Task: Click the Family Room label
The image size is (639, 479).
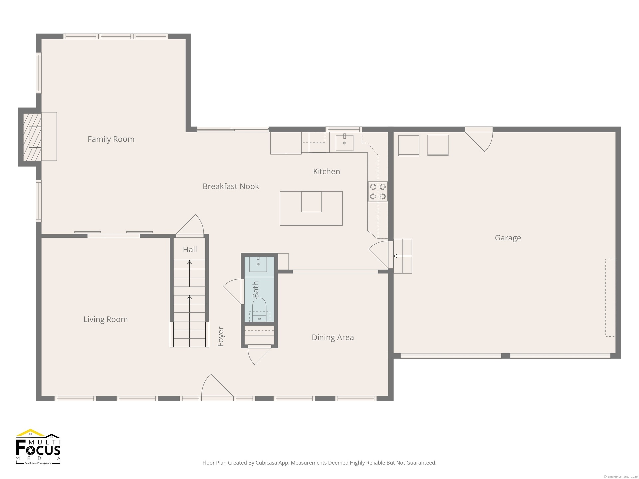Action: coord(111,139)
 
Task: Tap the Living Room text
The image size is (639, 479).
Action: coord(106,319)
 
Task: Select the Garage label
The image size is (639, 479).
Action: coord(508,238)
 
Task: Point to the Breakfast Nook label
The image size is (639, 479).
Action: coord(231,186)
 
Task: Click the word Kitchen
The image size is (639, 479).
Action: coord(326,171)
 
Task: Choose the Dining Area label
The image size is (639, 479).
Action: coord(332,337)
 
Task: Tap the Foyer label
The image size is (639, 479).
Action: coord(221,337)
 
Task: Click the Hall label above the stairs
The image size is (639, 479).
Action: coord(190,250)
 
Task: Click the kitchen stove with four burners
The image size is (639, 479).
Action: coord(378,192)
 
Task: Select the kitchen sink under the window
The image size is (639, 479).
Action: coord(344,143)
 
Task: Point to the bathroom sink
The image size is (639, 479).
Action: coord(258,264)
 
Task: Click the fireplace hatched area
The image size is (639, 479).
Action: coord(32,137)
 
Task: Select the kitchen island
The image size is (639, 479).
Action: coord(311,208)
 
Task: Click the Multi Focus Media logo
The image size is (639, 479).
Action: coord(38,447)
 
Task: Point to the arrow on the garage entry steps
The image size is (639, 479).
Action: coord(403,256)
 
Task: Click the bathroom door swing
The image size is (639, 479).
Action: coord(233,291)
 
